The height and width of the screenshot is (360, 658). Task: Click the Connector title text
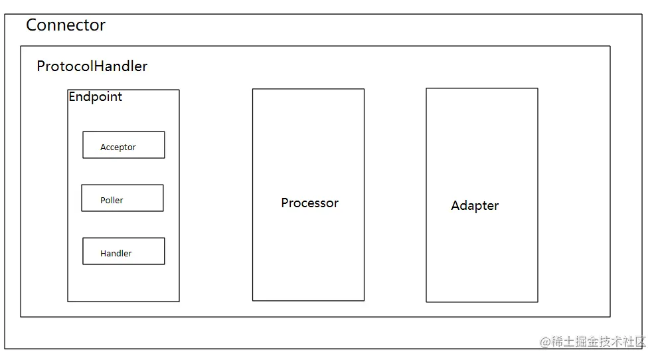click(66, 25)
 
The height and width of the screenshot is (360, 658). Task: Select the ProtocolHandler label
click(92, 66)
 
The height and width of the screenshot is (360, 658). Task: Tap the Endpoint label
click(96, 97)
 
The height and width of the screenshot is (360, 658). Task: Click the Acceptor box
click(123, 145)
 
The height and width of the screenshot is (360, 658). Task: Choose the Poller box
click(122, 198)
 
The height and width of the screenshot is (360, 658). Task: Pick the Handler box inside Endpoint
click(123, 251)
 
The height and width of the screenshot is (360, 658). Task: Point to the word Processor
click(309, 203)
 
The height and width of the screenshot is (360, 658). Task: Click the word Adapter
click(475, 206)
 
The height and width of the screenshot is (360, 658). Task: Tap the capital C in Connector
click(32, 25)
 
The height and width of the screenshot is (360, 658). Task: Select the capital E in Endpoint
click(72, 97)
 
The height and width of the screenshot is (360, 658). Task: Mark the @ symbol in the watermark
click(545, 342)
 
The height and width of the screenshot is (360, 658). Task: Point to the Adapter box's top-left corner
click(426, 88)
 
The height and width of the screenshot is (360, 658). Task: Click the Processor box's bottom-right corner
click(364, 300)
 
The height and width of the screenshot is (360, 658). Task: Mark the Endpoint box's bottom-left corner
click(68, 302)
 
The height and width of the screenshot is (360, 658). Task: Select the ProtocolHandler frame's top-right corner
click(610, 46)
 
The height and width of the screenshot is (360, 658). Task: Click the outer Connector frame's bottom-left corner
click(5, 349)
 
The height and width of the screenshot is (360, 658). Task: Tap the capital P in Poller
click(103, 201)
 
